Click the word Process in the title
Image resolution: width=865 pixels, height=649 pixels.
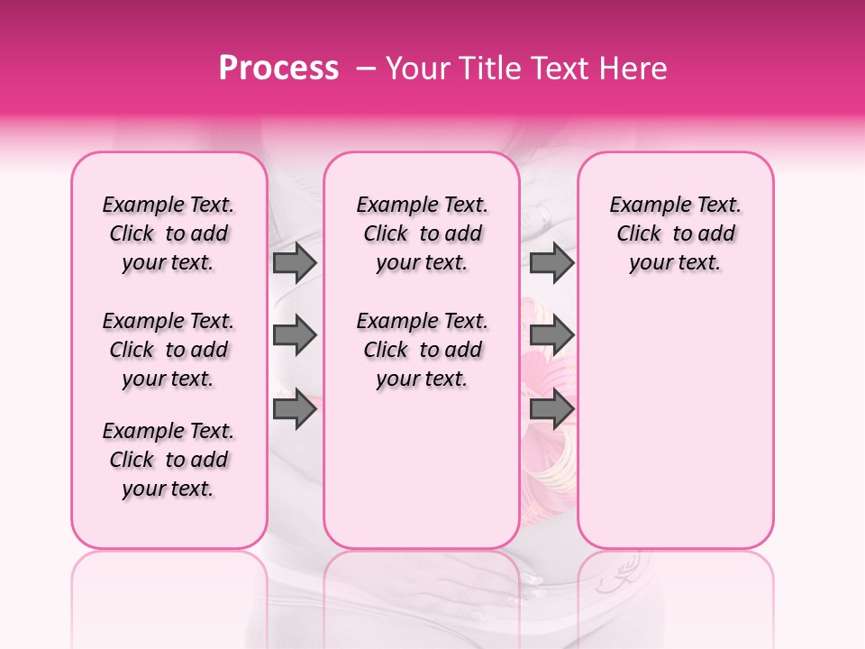tap(278, 69)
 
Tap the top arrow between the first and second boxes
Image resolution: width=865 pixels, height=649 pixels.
tap(295, 262)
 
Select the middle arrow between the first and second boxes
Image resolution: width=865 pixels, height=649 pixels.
tap(295, 335)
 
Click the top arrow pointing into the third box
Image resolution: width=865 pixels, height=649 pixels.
tap(551, 262)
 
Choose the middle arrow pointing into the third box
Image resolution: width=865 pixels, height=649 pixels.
tap(551, 335)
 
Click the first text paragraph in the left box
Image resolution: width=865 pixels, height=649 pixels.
tap(168, 233)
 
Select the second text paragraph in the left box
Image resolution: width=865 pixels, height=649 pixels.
tap(168, 350)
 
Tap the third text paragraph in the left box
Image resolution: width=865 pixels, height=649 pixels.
tap(168, 460)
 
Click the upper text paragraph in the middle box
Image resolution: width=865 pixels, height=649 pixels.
tap(422, 233)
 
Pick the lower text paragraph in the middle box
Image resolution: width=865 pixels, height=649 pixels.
tap(422, 350)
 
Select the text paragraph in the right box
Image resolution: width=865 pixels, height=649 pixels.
tap(675, 233)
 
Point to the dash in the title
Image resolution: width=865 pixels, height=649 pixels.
tap(366, 69)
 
